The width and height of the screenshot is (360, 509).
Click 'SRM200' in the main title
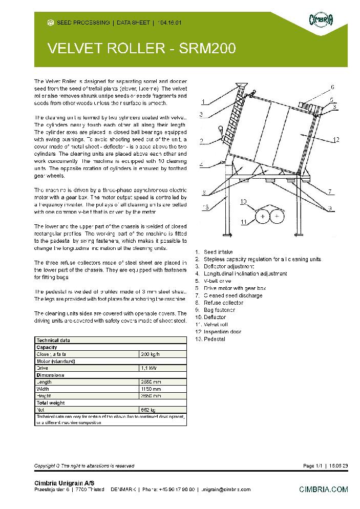207,49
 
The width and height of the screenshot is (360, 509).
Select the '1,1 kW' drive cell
148,368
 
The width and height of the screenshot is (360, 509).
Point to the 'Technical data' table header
53,340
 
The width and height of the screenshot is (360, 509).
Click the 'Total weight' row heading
50,402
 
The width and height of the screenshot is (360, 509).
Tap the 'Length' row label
44,382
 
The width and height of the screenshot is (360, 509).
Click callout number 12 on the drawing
335,139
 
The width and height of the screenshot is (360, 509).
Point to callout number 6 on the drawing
332,87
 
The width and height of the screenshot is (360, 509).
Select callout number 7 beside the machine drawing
331,191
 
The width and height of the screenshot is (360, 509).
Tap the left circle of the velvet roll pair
263,217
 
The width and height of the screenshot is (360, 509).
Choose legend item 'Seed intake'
218,252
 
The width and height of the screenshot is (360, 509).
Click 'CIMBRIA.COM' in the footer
323,490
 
